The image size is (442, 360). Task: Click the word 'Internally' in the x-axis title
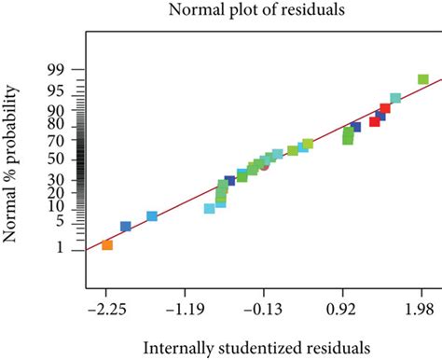(178, 347)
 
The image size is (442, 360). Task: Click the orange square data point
(107, 245)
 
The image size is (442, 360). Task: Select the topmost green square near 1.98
(422, 80)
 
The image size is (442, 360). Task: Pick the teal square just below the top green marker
(395, 98)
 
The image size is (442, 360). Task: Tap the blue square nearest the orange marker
(126, 227)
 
